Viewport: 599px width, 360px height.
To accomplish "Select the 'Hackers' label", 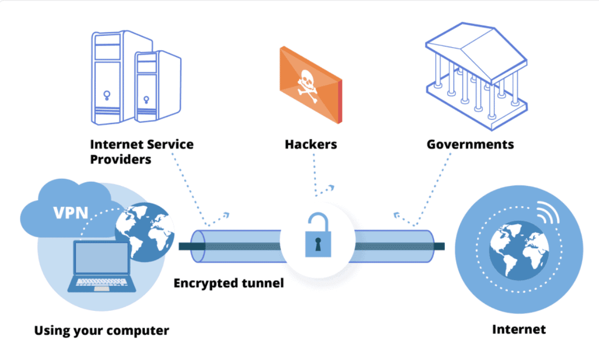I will click(x=311, y=144).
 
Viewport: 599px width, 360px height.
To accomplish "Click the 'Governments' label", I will click(x=470, y=144).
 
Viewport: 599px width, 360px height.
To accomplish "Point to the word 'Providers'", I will click(x=121, y=159).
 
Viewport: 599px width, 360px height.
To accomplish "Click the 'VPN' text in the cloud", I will click(x=71, y=211).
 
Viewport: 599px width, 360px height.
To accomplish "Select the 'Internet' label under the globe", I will click(x=519, y=329).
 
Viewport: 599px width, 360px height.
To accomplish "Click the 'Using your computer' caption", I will click(x=101, y=330).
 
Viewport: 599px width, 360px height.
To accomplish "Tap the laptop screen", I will click(x=102, y=258).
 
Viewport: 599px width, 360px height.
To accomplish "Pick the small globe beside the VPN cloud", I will click(x=144, y=230).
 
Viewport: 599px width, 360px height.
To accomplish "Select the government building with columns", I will click(x=476, y=77).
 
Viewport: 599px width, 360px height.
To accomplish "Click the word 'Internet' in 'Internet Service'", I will click(x=114, y=144).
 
